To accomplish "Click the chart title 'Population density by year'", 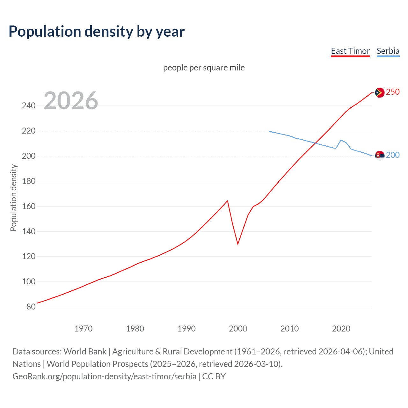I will (x=97, y=32).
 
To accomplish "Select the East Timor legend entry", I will (x=350, y=51).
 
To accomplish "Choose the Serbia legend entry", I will (x=388, y=51).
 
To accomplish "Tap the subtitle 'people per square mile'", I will (x=204, y=68).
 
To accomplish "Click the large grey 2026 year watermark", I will (x=71, y=101).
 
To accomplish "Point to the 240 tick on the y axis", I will (x=29, y=106).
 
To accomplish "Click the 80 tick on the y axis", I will (x=31, y=307).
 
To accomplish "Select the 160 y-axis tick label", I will (x=29, y=206).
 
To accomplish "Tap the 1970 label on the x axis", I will (x=84, y=329).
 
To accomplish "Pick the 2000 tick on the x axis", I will (x=238, y=329).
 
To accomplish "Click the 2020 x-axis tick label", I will (x=341, y=329).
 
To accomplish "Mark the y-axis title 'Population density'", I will (x=13, y=198).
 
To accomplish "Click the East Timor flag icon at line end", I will (x=379, y=92).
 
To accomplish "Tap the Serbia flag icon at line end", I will (x=379, y=156).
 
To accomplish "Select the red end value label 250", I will (x=393, y=92).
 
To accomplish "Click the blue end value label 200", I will (x=393, y=155).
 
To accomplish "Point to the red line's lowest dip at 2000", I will (x=238, y=244).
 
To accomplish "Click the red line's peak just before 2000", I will (x=227, y=201).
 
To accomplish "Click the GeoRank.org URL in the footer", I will (x=104, y=376).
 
